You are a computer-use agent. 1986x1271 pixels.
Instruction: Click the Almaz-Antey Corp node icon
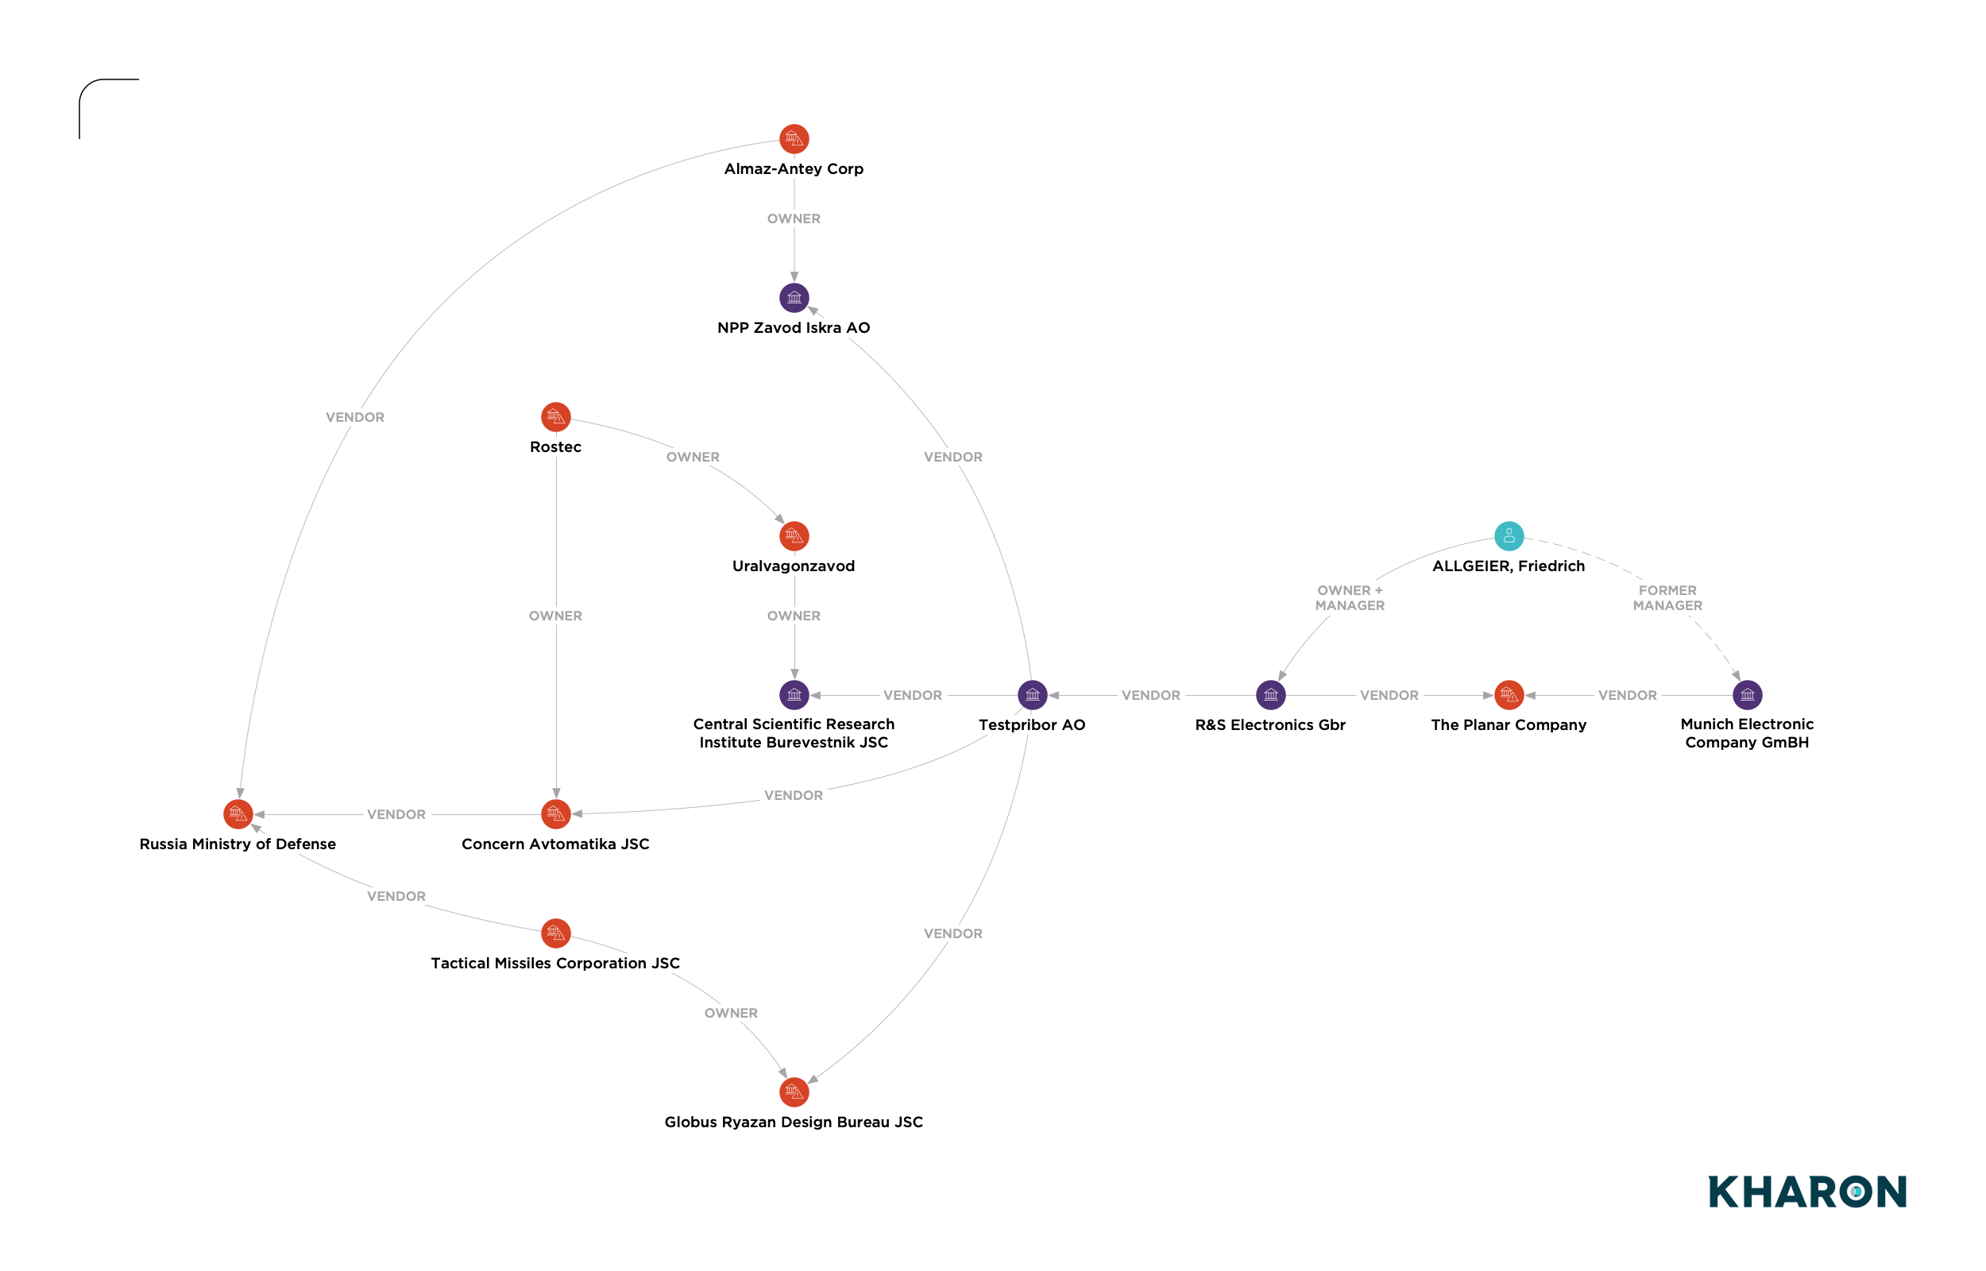(x=794, y=139)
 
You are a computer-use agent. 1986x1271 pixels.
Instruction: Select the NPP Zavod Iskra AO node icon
(x=794, y=297)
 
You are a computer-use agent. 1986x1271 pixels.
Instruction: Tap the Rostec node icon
(x=555, y=417)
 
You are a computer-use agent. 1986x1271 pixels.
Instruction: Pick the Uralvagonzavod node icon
(x=794, y=535)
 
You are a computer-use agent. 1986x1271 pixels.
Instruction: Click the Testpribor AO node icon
(x=1032, y=695)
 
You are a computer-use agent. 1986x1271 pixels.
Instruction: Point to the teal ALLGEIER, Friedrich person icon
(x=1509, y=535)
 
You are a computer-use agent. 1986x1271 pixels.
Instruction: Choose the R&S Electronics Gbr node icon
(x=1271, y=695)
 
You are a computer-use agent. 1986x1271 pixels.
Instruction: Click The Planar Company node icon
(x=1509, y=695)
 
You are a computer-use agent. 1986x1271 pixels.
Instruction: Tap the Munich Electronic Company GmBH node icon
(x=1748, y=695)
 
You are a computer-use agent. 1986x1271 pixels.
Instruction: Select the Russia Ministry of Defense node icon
(x=238, y=813)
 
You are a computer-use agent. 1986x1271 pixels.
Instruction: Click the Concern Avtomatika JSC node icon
(x=555, y=813)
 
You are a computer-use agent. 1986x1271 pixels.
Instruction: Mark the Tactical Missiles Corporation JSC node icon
(x=555, y=933)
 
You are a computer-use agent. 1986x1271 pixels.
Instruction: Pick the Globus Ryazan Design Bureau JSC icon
(x=794, y=1092)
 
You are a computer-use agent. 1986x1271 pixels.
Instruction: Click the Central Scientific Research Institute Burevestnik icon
(x=794, y=695)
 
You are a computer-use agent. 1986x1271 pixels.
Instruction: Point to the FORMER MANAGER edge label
(x=1667, y=597)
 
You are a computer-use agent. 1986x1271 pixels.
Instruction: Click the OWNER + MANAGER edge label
(x=1350, y=597)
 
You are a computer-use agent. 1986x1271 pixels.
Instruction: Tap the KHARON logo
(x=1807, y=1192)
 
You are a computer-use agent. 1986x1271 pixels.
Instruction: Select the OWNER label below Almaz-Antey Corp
(x=794, y=218)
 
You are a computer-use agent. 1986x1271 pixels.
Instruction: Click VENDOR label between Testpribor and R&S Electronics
(x=1151, y=695)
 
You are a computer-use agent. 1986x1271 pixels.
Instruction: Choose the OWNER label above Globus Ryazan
(x=731, y=1013)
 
